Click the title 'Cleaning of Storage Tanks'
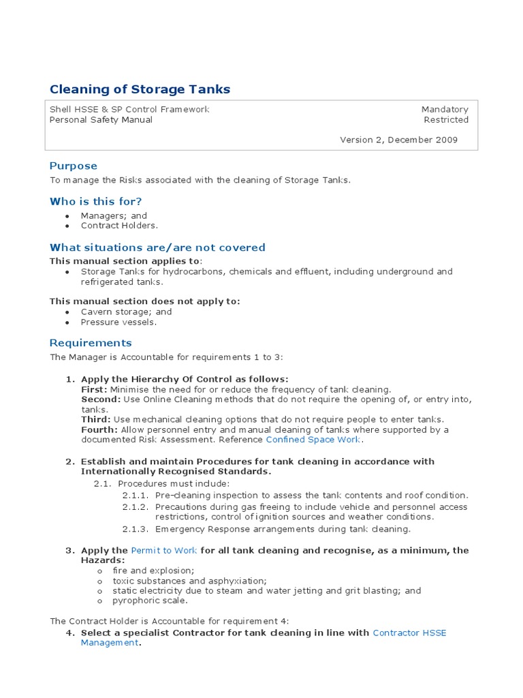click(x=140, y=89)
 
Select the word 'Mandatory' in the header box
click(x=445, y=109)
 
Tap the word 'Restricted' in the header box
click(x=446, y=120)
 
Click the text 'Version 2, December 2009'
click(x=398, y=140)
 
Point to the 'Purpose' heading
click(x=74, y=166)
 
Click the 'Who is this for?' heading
click(x=96, y=202)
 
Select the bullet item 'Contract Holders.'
click(x=119, y=226)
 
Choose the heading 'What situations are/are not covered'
click(x=157, y=247)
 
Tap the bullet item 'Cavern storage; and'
click(x=126, y=312)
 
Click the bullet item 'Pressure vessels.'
click(x=118, y=322)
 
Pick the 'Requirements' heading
click(x=91, y=343)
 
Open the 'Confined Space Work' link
click(x=304, y=440)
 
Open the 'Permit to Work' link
click(x=164, y=550)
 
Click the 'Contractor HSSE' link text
click(x=409, y=633)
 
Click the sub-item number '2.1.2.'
click(x=136, y=507)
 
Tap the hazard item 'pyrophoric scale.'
click(x=150, y=601)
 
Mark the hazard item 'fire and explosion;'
click(x=153, y=570)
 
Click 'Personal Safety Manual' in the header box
click(x=101, y=120)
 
